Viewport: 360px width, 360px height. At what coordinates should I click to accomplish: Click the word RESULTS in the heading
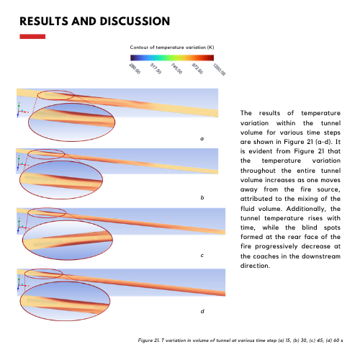click(44, 21)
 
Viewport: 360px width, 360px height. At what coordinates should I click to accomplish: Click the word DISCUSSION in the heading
click(135, 21)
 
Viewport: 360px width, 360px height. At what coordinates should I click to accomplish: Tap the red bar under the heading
click(32, 37)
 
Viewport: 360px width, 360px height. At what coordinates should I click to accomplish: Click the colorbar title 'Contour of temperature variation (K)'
click(172, 48)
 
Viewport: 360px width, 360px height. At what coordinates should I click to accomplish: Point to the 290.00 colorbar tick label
click(135, 68)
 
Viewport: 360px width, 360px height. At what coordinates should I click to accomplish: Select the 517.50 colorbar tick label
click(156, 68)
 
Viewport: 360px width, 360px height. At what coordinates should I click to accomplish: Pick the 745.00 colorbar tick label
click(176, 68)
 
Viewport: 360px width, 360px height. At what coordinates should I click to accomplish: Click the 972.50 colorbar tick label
click(197, 68)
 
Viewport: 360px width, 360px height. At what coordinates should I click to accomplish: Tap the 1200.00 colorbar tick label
click(219, 70)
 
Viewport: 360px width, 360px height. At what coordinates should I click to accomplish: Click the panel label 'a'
click(202, 139)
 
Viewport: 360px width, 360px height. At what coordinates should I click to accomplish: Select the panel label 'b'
click(202, 197)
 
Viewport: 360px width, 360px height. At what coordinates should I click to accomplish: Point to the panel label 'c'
click(202, 256)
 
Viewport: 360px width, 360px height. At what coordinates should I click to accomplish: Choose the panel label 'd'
click(202, 311)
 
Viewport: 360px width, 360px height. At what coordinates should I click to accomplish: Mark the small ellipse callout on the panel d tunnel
click(43, 269)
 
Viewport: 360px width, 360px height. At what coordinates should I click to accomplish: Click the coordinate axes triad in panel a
click(22, 110)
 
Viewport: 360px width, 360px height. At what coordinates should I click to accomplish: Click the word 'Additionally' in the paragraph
click(306, 209)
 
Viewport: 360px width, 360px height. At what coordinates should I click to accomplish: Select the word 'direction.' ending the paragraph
click(255, 266)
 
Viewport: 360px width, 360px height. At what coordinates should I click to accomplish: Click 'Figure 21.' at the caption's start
click(148, 341)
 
